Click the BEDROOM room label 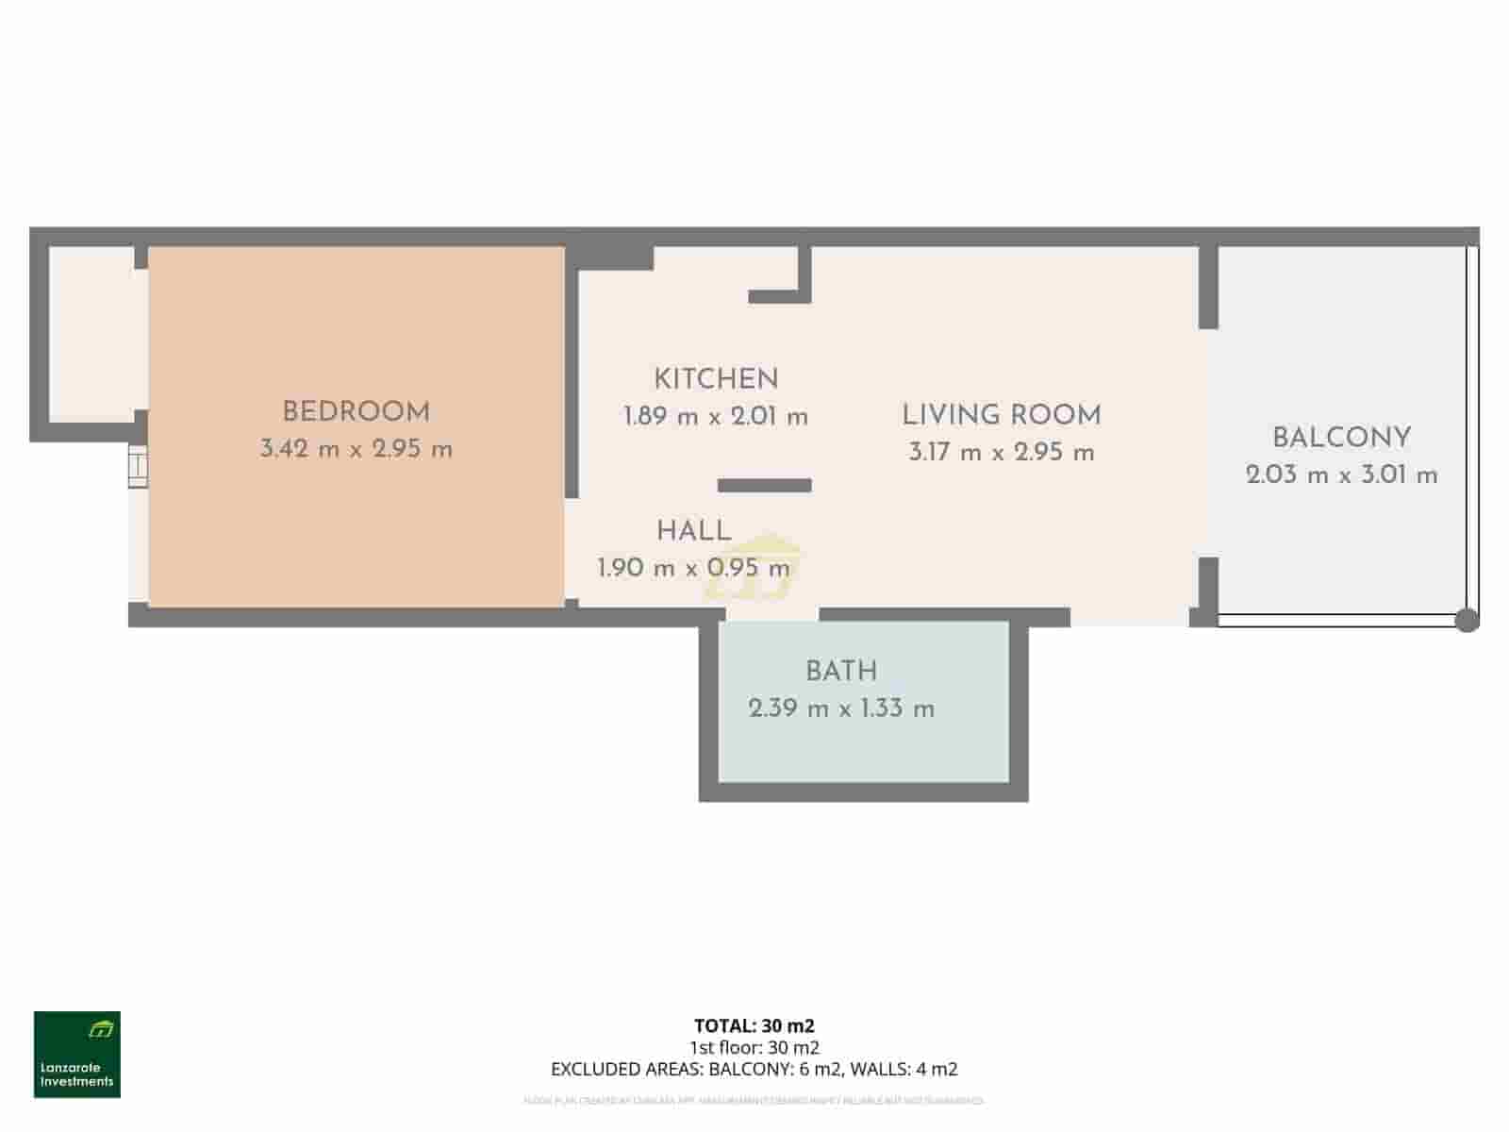[x=356, y=412]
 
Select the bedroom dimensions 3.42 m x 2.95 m [x=356, y=449]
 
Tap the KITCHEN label [x=716, y=379]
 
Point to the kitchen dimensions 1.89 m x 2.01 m [x=716, y=416]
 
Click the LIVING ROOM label [x=1001, y=415]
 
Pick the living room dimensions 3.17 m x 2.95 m [x=1001, y=452]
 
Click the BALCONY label [x=1341, y=438]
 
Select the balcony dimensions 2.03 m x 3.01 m [x=1341, y=474]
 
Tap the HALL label [x=694, y=531]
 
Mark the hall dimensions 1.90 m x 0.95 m [x=693, y=568]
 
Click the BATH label [x=841, y=672]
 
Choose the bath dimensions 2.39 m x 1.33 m [x=841, y=708]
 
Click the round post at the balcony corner [x=1467, y=620]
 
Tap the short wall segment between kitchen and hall [x=764, y=485]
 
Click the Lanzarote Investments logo [x=77, y=1055]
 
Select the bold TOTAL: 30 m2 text [x=754, y=1025]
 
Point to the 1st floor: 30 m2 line [x=754, y=1047]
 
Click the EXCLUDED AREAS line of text [x=754, y=1069]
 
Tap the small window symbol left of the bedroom [x=139, y=469]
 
